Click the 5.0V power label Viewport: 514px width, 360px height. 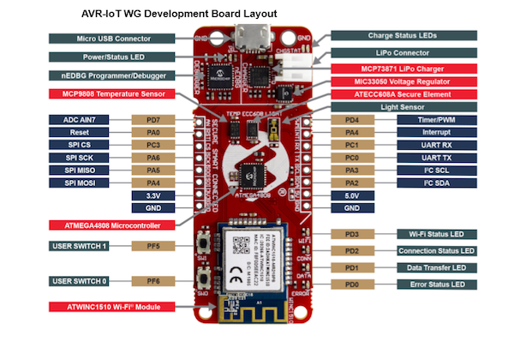(x=351, y=195)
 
